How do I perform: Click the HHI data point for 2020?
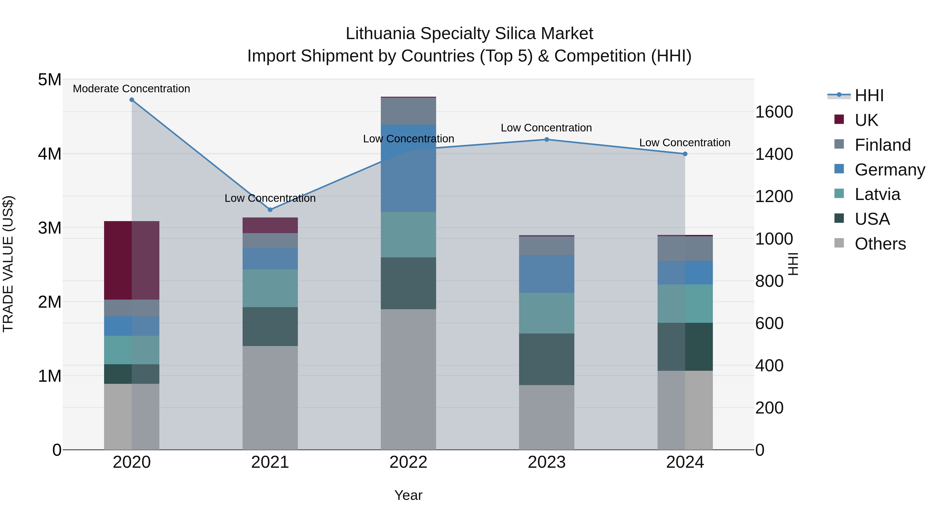point(132,100)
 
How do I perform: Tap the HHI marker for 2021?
point(270,210)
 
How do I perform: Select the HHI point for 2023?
point(547,139)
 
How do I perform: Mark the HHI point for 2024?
point(685,154)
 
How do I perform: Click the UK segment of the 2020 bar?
point(132,260)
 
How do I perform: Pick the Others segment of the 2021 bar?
point(270,398)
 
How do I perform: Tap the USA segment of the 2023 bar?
point(547,359)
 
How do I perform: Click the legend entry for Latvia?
point(877,194)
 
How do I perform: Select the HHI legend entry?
point(869,95)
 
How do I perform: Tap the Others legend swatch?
point(839,243)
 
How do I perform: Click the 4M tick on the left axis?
point(50,154)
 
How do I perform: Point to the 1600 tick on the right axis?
point(774,112)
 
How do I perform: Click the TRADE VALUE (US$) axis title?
point(8,264)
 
